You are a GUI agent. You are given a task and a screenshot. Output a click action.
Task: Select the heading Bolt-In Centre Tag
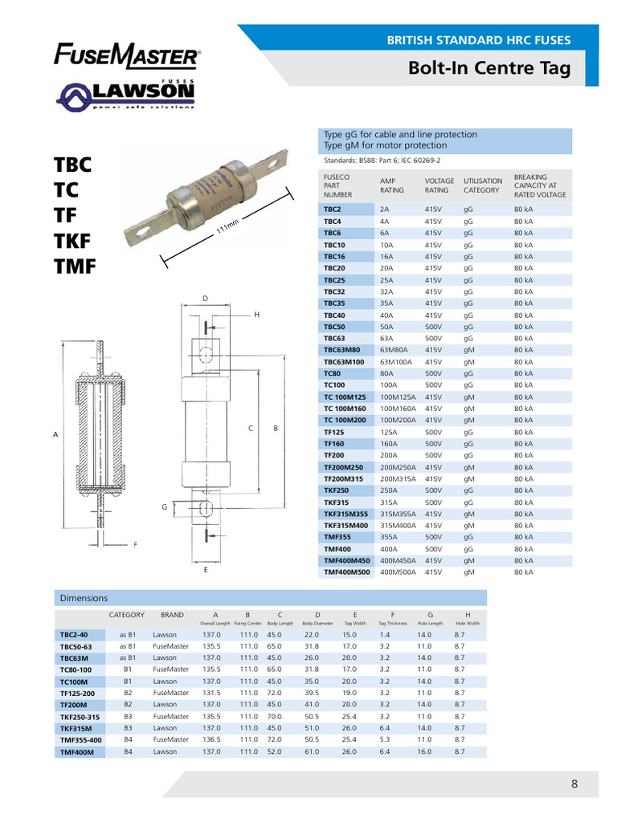point(490,68)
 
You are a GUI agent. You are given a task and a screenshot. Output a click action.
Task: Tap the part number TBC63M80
point(341,350)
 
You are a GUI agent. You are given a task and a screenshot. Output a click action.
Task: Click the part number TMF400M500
point(347,572)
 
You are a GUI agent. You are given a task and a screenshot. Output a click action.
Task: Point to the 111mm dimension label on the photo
point(227,234)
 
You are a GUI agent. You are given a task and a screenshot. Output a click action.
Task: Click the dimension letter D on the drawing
point(205,299)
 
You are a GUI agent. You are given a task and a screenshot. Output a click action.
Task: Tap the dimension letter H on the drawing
point(256,315)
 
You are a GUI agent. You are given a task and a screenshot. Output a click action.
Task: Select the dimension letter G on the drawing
point(164,507)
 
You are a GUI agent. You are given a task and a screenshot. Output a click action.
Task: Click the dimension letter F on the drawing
point(136,545)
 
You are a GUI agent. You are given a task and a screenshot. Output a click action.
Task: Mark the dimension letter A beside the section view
point(55,434)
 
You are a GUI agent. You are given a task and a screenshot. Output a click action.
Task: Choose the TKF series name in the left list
point(72,239)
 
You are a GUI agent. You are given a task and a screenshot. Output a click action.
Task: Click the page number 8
point(574,785)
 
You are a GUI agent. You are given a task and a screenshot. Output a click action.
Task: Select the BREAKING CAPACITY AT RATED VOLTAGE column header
point(540,186)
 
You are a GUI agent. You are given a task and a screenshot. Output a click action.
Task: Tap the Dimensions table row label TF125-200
point(77,693)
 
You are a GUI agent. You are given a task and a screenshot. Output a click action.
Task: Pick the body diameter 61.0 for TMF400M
point(312,752)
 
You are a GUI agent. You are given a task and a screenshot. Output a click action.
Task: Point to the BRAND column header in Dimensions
point(172,615)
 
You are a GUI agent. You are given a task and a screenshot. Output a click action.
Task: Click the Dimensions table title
point(84,598)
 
